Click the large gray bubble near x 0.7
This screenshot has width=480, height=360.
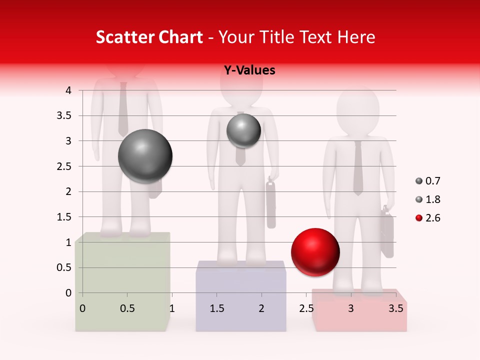click(145, 156)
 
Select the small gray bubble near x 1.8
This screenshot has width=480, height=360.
click(243, 130)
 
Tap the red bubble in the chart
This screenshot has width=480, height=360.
click(315, 252)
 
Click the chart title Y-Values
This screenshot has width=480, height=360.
click(249, 70)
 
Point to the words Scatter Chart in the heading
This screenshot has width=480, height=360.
click(149, 37)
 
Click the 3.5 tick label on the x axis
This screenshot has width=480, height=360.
click(395, 308)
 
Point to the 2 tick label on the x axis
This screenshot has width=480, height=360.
click(261, 308)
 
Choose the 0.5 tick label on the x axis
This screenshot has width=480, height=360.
click(127, 308)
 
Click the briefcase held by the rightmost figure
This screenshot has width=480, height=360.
click(387, 233)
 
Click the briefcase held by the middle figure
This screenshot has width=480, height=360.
click(271, 204)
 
